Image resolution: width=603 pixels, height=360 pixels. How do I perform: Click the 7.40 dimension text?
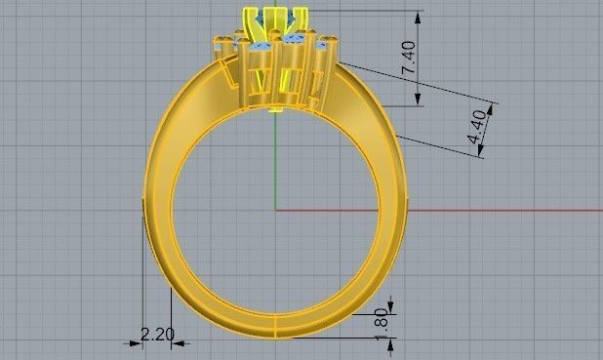coord(411,60)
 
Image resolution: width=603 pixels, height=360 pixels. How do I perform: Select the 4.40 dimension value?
coord(477,128)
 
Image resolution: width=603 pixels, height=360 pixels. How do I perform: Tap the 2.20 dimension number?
coord(157,335)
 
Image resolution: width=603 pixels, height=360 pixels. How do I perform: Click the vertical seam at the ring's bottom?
coord(275,327)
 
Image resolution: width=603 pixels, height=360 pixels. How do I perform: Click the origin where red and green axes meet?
coord(276,210)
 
